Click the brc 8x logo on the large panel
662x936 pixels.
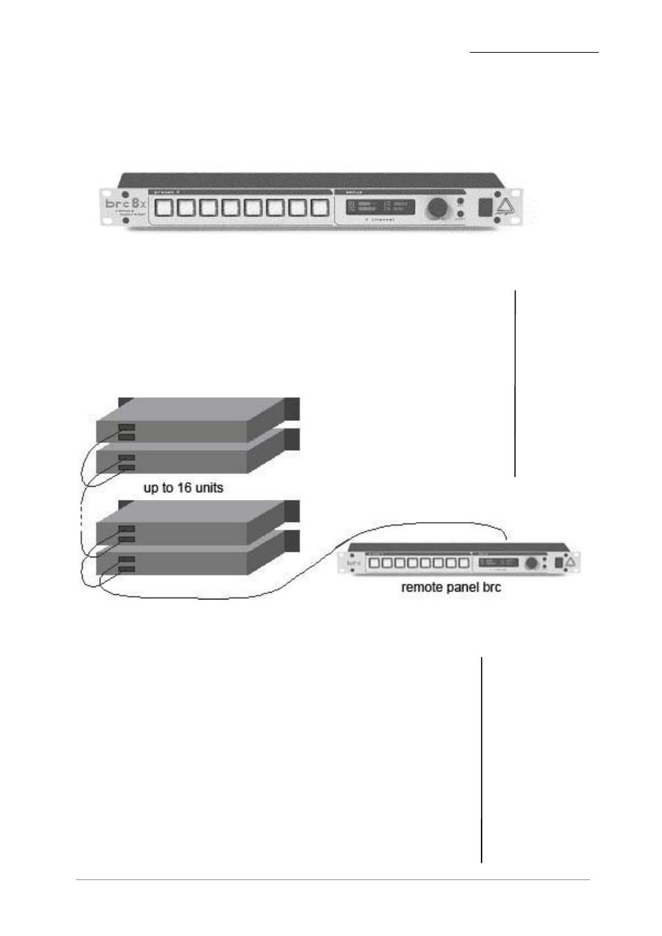pyautogui.click(x=126, y=204)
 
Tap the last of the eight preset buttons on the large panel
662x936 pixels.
pyautogui.click(x=320, y=207)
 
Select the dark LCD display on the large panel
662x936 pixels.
pyautogui.click(x=380, y=207)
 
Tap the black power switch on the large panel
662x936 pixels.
pyautogui.click(x=486, y=207)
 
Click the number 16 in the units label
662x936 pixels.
pyautogui.click(x=184, y=488)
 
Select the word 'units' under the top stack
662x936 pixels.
pyautogui.click(x=210, y=488)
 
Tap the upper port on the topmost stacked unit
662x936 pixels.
pyautogui.click(x=126, y=428)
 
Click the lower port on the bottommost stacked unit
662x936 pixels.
pyautogui.click(x=126, y=569)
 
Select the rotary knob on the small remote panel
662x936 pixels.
pyautogui.click(x=532, y=564)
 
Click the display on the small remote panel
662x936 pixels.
pyautogui.click(x=498, y=563)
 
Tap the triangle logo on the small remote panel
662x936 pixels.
pyautogui.click(x=570, y=563)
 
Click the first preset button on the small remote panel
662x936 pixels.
pyautogui.click(x=374, y=564)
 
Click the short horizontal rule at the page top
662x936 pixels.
pyautogui.click(x=534, y=52)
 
